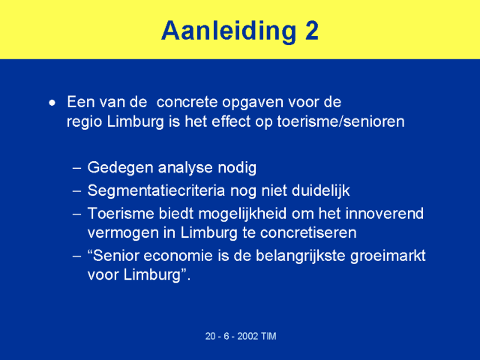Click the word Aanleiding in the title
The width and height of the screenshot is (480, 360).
point(229,31)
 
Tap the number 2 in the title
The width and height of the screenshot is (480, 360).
point(312,31)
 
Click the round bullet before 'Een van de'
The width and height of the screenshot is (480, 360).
point(52,103)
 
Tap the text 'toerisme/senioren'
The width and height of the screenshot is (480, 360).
point(340,121)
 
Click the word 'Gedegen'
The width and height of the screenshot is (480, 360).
point(120,169)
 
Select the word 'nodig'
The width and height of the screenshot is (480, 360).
point(237,169)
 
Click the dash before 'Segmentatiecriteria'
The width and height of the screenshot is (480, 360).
point(77,191)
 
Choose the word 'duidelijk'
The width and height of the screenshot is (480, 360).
point(321,191)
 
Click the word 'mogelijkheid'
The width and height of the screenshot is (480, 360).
point(243,214)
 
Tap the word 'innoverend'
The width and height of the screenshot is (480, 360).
point(385,213)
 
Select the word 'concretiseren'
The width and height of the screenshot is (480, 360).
point(308,232)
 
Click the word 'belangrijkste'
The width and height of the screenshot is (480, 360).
point(301,256)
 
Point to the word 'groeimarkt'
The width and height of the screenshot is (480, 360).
point(388,256)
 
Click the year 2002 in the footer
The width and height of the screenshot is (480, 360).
point(247,336)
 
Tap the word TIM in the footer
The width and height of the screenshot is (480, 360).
point(268,336)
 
